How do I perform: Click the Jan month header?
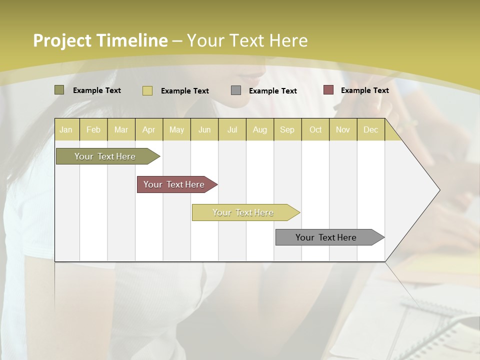(x=66, y=129)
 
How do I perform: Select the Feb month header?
(x=93, y=129)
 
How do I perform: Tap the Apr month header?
(x=149, y=129)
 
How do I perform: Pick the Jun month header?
(x=204, y=129)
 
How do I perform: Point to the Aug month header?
(x=260, y=129)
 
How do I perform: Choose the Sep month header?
(x=287, y=129)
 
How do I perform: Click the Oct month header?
(x=315, y=129)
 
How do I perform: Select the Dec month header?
(x=371, y=129)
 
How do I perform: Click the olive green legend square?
(x=59, y=90)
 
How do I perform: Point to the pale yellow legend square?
(x=147, y=90)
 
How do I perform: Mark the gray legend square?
(x=236, y=90)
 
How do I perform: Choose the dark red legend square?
(x=328, y=90)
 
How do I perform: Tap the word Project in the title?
(x=62, y=40)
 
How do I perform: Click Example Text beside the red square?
(x=364, y=90)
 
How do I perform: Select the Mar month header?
(x=121, y=129)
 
